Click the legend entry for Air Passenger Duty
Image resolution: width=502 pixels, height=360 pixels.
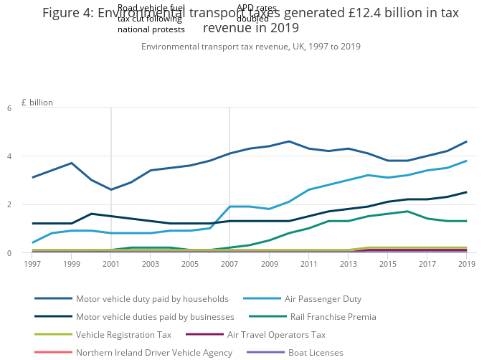point(323,298)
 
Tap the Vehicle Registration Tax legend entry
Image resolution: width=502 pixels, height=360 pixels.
point(123,334)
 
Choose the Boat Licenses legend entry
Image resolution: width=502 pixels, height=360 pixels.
point(316,352)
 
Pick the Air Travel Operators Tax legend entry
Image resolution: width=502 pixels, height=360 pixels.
point(276,334)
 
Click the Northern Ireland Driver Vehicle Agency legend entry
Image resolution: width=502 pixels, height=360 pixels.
point(154,352)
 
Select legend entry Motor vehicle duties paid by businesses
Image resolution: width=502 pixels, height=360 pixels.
point(155,316)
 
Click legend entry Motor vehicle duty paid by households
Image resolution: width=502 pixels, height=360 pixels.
point(152,298)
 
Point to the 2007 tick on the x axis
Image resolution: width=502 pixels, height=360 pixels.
point(229,264)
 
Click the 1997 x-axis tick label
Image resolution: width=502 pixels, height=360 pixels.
point(32,264)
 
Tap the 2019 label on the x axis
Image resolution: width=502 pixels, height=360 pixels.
point(467,264)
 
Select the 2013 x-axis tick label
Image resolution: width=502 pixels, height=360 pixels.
point(349,264)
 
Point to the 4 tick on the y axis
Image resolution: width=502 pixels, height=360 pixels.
point(29,156)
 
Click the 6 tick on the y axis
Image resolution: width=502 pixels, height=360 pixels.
point(29,108)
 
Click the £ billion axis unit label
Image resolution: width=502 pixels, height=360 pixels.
point(37,103)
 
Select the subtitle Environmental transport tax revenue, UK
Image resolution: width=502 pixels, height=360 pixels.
point(251,47)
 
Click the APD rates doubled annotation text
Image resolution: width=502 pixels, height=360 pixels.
point(257,13)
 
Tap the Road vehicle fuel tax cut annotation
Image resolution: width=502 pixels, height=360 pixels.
point(151,19)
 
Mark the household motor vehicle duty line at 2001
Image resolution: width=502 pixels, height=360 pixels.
point(111,189)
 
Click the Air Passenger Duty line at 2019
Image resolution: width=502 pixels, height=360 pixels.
point(467,161)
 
